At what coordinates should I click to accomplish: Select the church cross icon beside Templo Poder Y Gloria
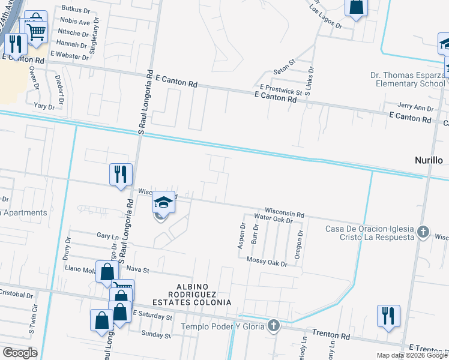[274, 325]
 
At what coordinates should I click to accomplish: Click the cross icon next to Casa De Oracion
[424, 231]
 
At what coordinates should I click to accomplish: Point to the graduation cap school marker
[163, 203]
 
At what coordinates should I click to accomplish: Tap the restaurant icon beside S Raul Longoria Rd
[121, 175]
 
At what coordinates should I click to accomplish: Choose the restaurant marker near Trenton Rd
[388, 316]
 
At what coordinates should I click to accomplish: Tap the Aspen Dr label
[243, 236]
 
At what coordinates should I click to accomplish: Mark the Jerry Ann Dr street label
[415, 108]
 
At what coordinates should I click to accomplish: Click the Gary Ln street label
[104, 237]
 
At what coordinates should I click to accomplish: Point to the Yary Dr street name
[44, 106]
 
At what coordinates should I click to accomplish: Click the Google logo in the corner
[20, 352]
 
